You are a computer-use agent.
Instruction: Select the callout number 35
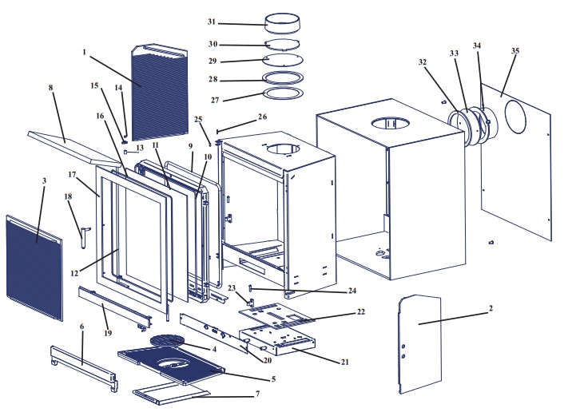(515, 50)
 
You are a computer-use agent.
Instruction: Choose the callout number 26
(240, 116)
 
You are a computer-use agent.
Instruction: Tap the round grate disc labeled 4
(169, 342)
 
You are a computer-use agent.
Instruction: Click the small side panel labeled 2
(419, 343)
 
